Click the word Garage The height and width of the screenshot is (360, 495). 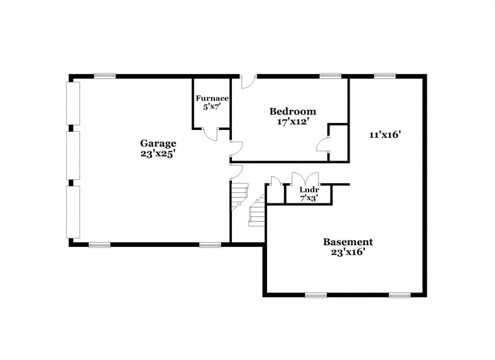[159, 143]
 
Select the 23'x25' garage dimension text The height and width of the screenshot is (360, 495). [159, 154]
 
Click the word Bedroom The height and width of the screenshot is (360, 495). [293, 111]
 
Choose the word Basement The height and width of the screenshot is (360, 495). [348, 242]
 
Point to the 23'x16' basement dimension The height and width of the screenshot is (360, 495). [348, 252]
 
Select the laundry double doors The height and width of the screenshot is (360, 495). [305, 179]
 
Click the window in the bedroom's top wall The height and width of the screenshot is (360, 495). [331, 76]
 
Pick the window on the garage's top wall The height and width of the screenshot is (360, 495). [105, 76]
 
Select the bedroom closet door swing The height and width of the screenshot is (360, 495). [323, 145]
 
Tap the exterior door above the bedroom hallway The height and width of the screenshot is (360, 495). [247, 81]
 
